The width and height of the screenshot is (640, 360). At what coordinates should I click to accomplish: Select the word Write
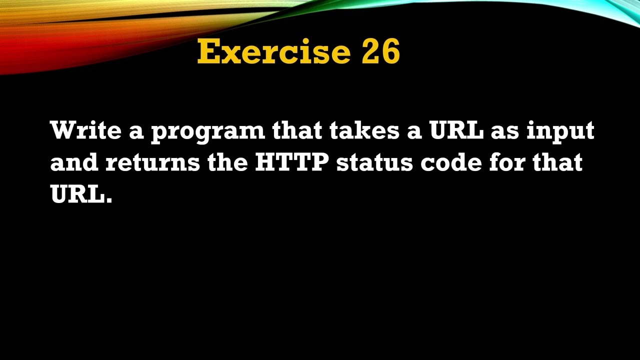point(85,130)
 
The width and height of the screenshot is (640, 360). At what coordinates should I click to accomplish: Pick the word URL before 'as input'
point(456,130)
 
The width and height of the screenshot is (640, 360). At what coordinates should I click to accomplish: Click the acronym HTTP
point(291,162)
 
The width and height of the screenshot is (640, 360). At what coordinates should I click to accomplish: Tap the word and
point(74,162)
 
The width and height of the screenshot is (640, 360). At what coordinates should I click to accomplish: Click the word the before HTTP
point(227,162)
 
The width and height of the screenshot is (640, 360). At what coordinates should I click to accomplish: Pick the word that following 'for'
point(557,162)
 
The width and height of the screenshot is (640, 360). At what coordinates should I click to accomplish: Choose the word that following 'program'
point(297,130)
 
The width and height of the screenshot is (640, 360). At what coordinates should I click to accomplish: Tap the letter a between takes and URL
point(416,132)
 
